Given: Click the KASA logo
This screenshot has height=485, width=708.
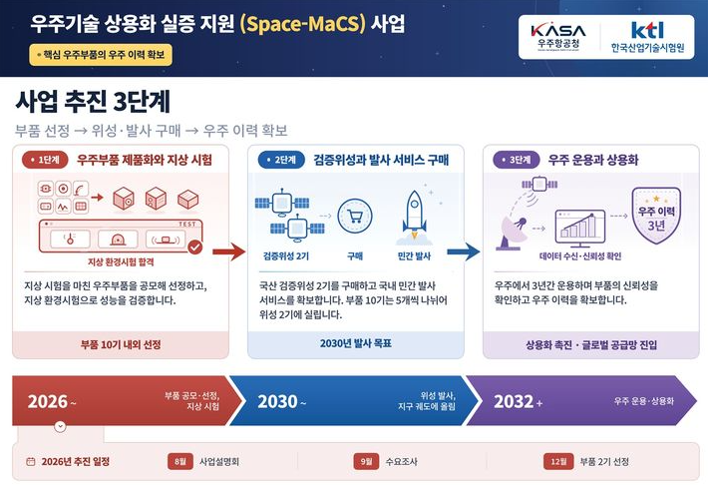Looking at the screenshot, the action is [x=558, y=37].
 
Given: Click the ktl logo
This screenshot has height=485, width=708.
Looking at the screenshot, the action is [x=647, y=37].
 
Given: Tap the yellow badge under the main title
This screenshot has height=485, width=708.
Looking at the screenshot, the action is [x=101, y=55].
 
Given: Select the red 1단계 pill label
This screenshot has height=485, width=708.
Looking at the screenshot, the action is [x=45, y=160].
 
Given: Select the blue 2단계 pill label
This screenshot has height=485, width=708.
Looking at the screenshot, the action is [x=281, y=160].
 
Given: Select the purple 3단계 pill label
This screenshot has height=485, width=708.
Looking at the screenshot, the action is [x=517, y=160].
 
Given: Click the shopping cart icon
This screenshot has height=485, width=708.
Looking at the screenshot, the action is [x=355, y=217].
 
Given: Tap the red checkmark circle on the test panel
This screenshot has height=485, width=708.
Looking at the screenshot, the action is [x=195, y=247].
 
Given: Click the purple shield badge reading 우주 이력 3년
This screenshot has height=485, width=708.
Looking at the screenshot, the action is [x=656, y=216].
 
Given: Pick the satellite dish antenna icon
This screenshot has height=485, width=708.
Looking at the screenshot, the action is [x=514, y=233].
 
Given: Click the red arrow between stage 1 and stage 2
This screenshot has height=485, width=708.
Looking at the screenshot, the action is [x=229, y=251].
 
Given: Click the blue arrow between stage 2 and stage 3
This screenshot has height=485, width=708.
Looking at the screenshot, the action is [x=464, y=251].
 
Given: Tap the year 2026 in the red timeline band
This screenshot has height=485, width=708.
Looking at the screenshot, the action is [x=48, y=401].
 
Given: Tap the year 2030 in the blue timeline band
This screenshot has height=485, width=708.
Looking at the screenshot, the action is [x=277, y=401].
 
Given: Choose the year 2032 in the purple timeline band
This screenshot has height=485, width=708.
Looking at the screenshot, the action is [x=514, y=401].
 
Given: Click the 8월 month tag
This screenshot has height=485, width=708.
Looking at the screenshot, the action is [x=179, y=461].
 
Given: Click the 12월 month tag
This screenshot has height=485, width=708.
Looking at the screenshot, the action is [x=558, y=461].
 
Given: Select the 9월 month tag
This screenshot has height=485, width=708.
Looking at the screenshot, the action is [x=366, y=461].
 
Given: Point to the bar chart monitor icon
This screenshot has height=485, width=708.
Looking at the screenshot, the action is [x=580, y=229].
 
